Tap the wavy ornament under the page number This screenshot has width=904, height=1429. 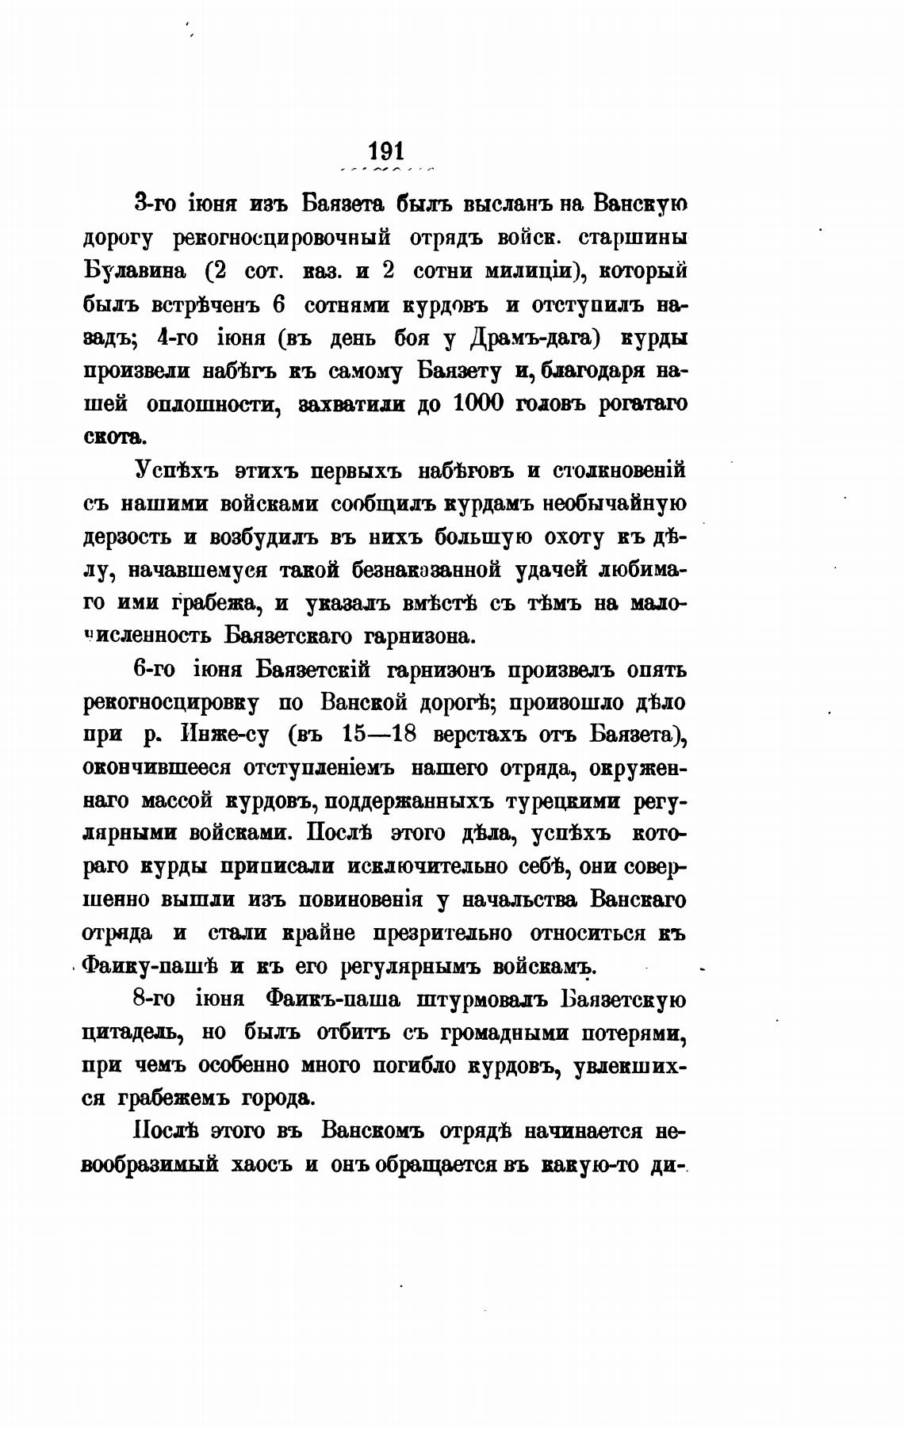386,170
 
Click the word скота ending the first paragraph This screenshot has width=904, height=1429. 114,437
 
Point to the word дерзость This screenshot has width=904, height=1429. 129,537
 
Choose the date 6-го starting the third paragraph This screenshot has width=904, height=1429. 155,670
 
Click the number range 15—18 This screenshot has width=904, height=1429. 377,736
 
